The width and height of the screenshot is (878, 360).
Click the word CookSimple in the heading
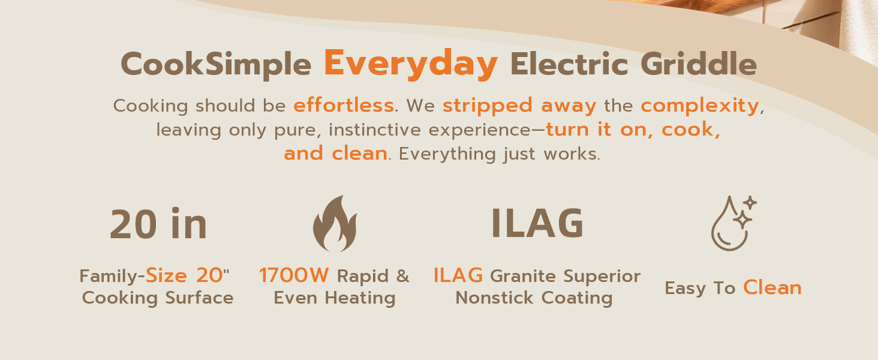[x=216, y=65]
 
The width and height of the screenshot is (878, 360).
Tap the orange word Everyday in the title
[x=411, y=63]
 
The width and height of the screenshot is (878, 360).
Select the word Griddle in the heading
[x=698, y=65]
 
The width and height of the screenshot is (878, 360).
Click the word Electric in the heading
[x=570, y=65]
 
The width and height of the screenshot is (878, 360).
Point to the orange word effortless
[x=343, y=106]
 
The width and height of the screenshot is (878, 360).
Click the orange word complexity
[x=700, y=106]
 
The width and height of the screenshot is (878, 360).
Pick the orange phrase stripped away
[x=519, y=106]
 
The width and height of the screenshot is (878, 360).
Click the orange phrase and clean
[x=335, y=154]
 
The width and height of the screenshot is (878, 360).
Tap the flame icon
[x=335, y=223]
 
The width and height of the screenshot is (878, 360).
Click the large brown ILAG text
[x=537, y=224]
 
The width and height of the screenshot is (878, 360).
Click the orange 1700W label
[x=294, y=276]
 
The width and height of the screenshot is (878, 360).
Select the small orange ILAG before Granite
[x=458, y=276]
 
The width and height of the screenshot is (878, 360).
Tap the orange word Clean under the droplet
[x=772, y=288]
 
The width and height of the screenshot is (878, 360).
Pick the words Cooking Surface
[x=158, y=298]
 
